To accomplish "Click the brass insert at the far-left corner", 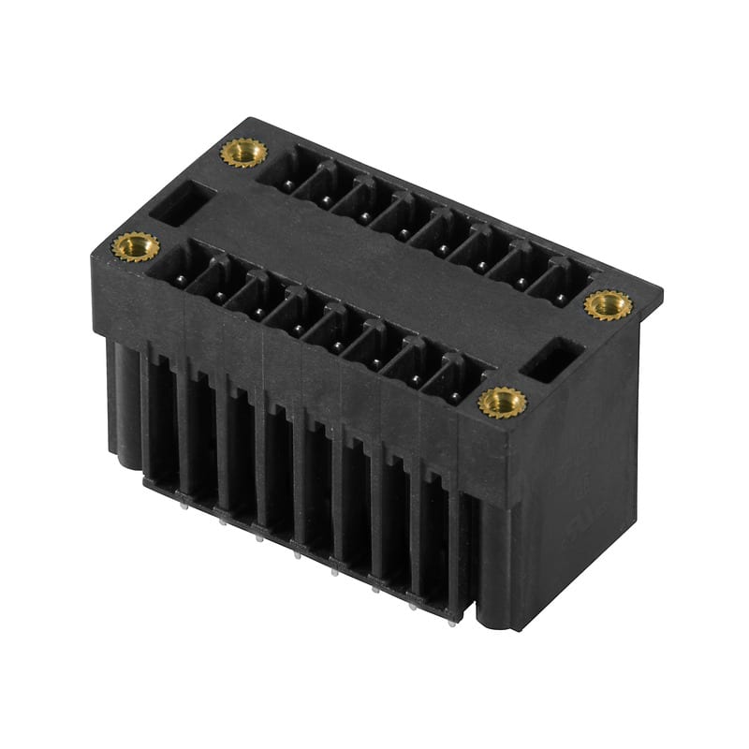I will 136,247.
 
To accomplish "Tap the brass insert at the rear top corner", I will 242,152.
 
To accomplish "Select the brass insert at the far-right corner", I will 608,304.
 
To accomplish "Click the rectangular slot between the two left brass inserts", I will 183,203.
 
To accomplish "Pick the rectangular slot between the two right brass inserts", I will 552,360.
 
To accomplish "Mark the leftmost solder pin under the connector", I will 184,504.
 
